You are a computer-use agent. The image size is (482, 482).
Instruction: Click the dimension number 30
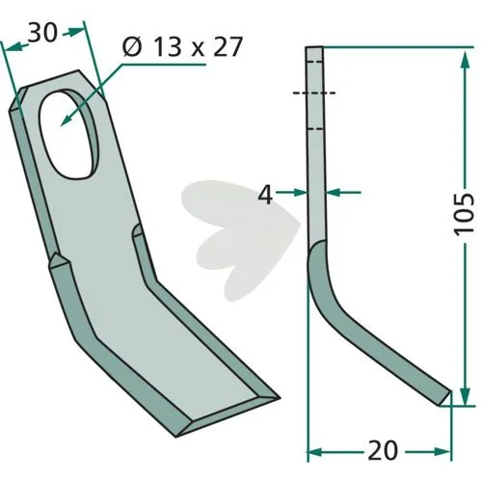click(x=42, y=33)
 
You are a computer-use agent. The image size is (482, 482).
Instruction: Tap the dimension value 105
click(x=464, y=214)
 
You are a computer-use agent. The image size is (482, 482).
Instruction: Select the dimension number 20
click(x=383, y=450)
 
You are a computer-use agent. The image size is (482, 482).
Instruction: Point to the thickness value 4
click(x=265, y=195)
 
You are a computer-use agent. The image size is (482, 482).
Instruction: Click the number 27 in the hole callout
click(x=228, y=47)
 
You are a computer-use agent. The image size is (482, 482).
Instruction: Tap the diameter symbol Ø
click(x=132, y=47)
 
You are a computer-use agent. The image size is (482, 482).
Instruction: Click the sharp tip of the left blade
click(x=280, y=398)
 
